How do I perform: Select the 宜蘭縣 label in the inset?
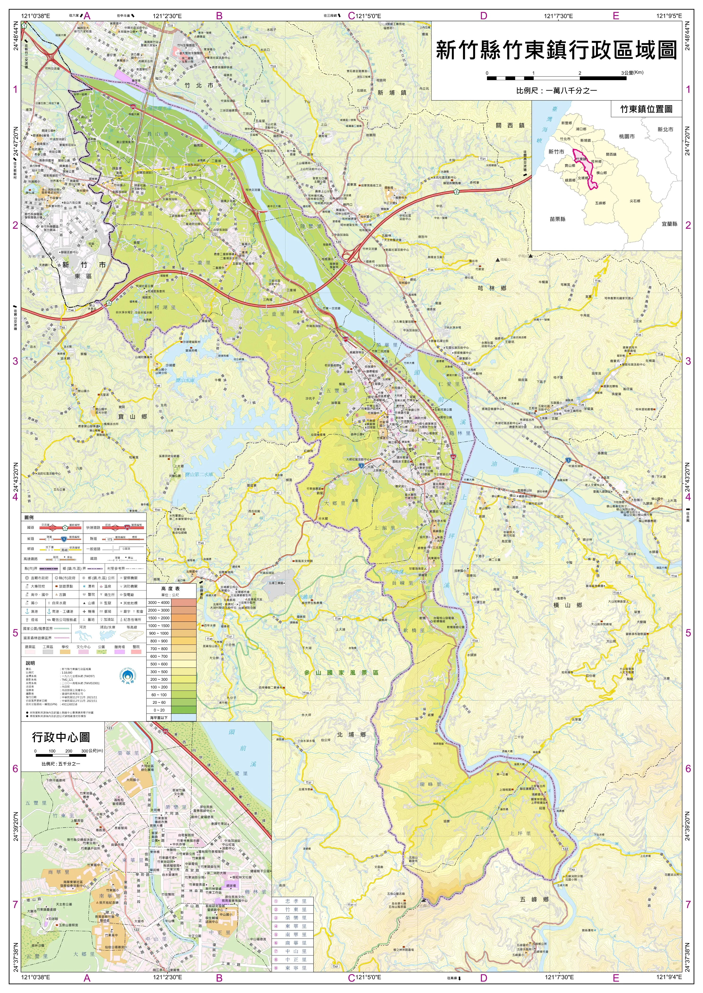tap(669, 224)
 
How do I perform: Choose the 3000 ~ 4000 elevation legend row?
tap(172, 602)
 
